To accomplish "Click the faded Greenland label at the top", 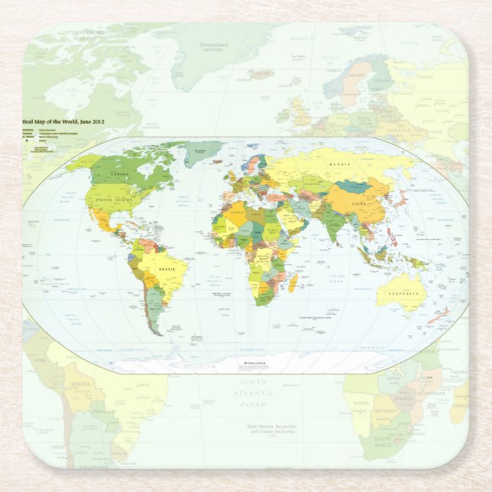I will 214,45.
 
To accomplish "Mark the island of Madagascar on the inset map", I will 295,280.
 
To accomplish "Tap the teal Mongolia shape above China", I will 353,186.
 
